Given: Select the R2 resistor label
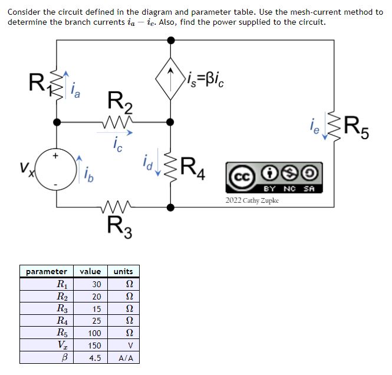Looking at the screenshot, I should [x=121, y=102].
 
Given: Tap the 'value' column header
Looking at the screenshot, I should [x=91, y=271].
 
